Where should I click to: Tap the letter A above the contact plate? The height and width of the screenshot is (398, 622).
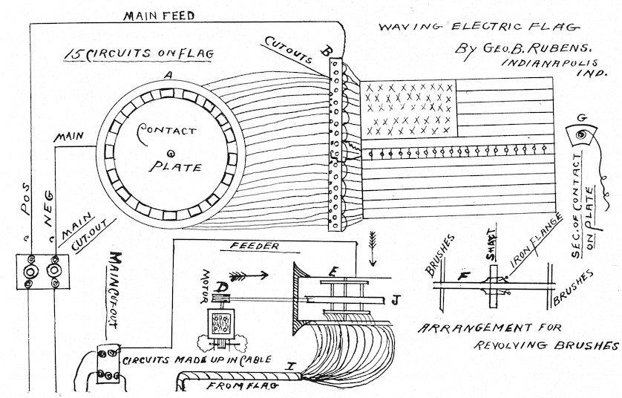[x=169, y=74]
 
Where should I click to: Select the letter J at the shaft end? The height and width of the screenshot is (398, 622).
[x=396, y=299]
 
